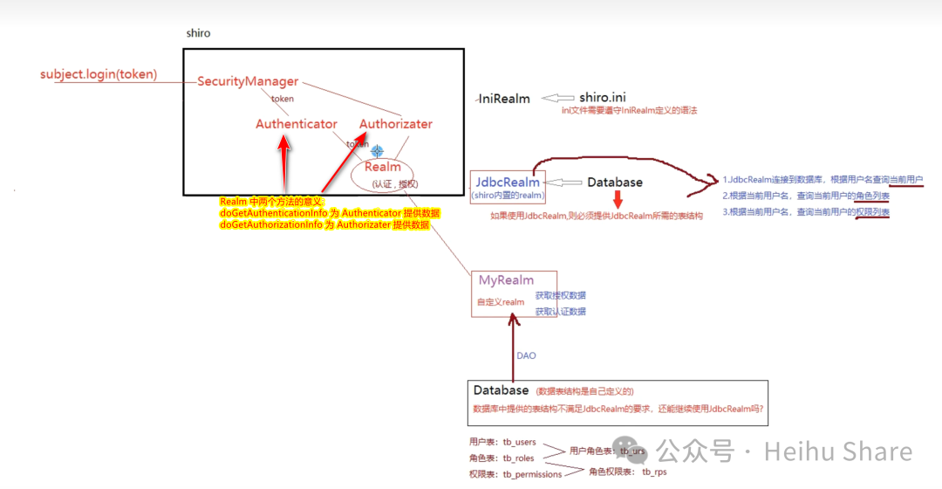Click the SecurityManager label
pos(248,81)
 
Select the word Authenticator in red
pos(297,124)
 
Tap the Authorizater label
pos(396,124)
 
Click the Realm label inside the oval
pos(383,167)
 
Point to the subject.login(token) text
pos(99,74)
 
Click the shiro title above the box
pos(198,33)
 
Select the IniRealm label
pos(504,99)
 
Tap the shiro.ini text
pos(603,97)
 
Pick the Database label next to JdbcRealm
pos(615,183)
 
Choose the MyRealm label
pos(506,280)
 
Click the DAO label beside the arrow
pos(526,356)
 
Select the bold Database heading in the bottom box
pos(502,390)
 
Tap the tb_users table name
pos(519,442)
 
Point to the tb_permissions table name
pos(532,474)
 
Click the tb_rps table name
pos(654,472)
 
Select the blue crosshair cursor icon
pos(377,150)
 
